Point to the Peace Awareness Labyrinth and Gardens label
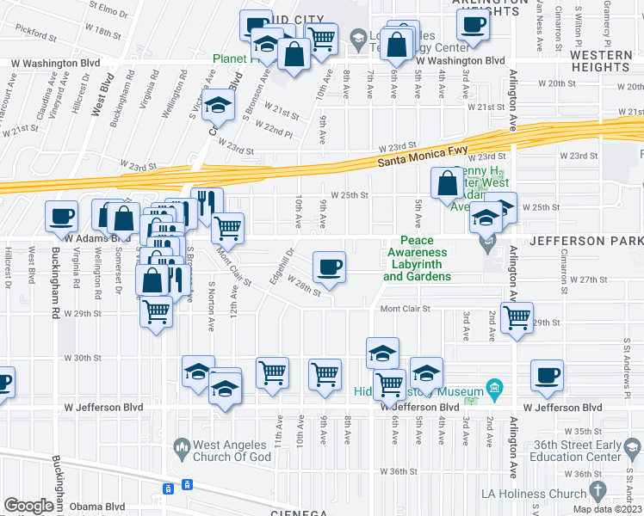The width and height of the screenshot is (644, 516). click(417, 259)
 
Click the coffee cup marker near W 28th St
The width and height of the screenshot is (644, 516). click(328, 267)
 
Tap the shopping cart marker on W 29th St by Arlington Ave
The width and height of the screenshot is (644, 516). click(517, 316)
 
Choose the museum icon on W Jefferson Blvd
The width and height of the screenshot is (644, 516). click(494, 390)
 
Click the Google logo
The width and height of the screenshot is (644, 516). click(28, 506)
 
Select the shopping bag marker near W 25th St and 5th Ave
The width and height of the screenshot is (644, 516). click(448, 183)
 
